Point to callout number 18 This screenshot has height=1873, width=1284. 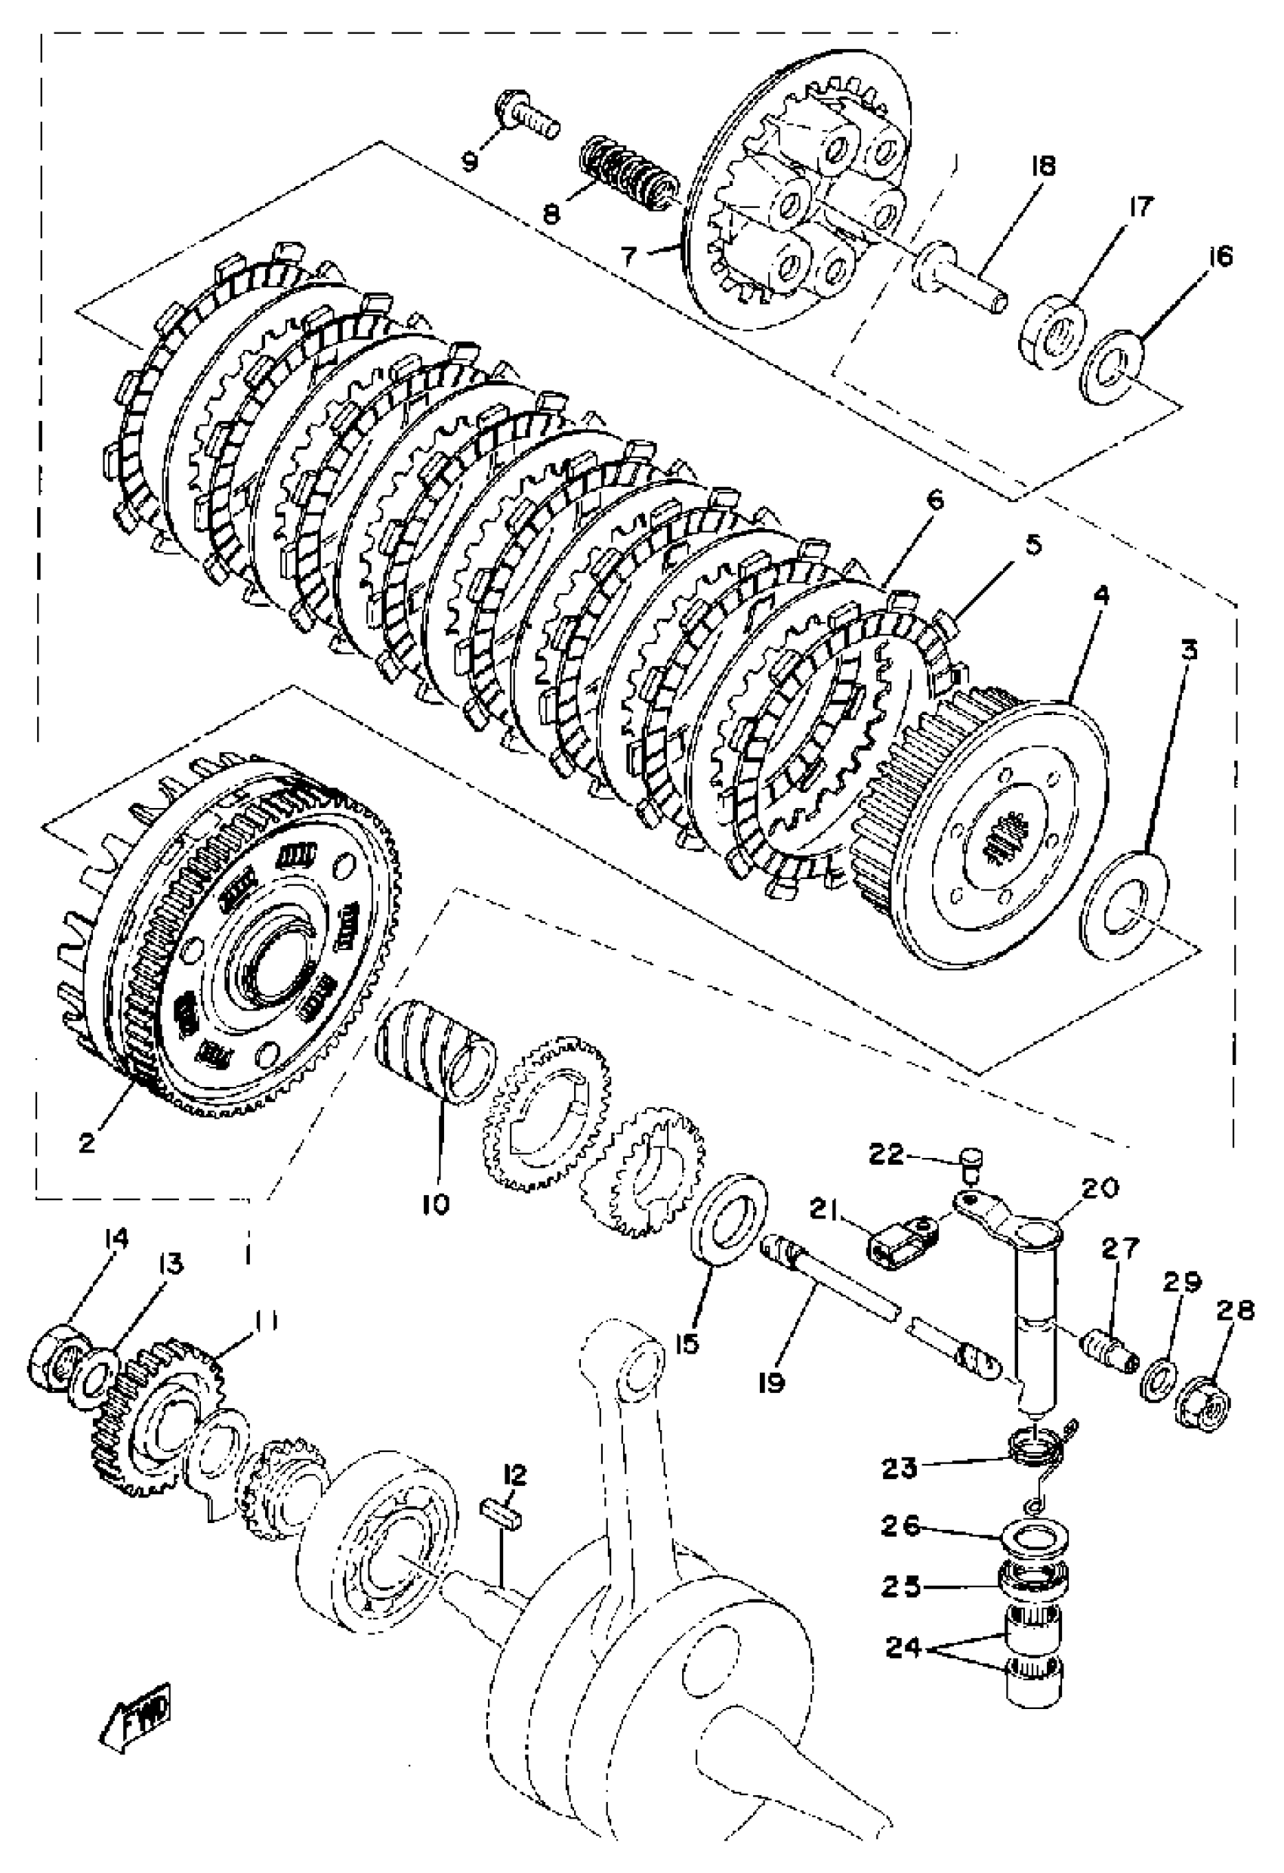click(x=1042, y=166)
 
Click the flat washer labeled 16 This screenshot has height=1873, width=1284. click(x=1113, y=366)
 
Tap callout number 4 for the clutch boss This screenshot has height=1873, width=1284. click(x=1100, y=596)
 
